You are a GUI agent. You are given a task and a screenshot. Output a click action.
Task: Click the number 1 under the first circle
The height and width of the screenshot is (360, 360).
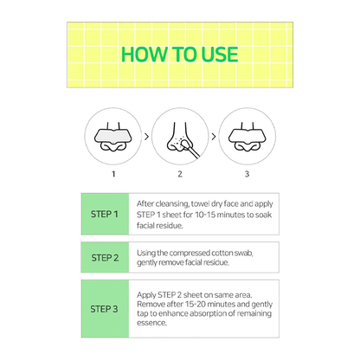113,174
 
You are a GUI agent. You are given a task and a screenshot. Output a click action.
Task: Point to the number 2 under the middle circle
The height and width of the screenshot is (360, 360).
180,174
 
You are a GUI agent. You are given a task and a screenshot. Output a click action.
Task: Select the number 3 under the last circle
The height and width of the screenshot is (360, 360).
247,174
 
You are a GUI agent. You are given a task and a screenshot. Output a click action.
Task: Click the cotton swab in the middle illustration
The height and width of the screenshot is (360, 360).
190,148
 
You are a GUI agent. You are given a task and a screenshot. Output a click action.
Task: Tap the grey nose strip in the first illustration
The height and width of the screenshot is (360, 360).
112,136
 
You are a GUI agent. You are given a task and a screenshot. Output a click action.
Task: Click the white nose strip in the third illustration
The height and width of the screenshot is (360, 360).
247,136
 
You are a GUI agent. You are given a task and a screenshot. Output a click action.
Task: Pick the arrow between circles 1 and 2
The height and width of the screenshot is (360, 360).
146,137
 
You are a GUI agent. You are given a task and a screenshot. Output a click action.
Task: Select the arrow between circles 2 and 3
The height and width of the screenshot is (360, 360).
214,137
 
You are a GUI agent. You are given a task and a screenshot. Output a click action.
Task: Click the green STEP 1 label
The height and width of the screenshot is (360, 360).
105,214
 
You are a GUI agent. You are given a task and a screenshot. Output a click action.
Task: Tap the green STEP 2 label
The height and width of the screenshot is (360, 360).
105,258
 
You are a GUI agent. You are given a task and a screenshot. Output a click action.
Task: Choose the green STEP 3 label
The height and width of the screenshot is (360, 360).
104,309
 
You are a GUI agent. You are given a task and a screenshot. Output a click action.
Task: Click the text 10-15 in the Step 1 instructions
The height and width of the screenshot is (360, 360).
205,215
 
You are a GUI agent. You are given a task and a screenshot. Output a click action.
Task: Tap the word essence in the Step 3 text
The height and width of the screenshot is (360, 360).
151,323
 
